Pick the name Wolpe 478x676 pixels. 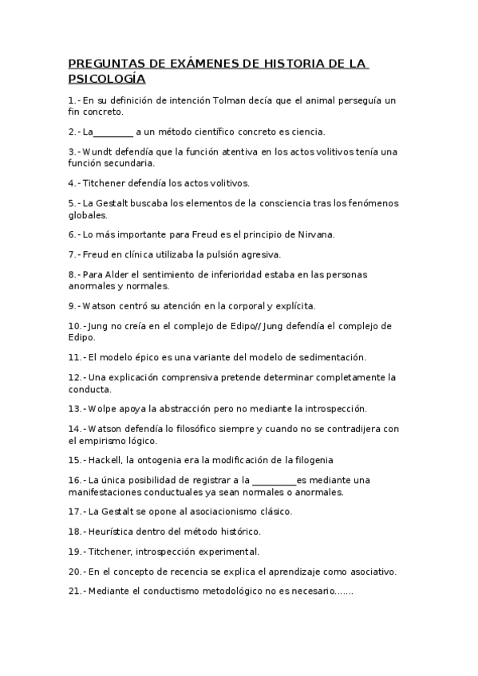tap(102, 408)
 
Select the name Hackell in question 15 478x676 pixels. tap(105, 460)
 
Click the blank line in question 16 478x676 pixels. tap(274, 480)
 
